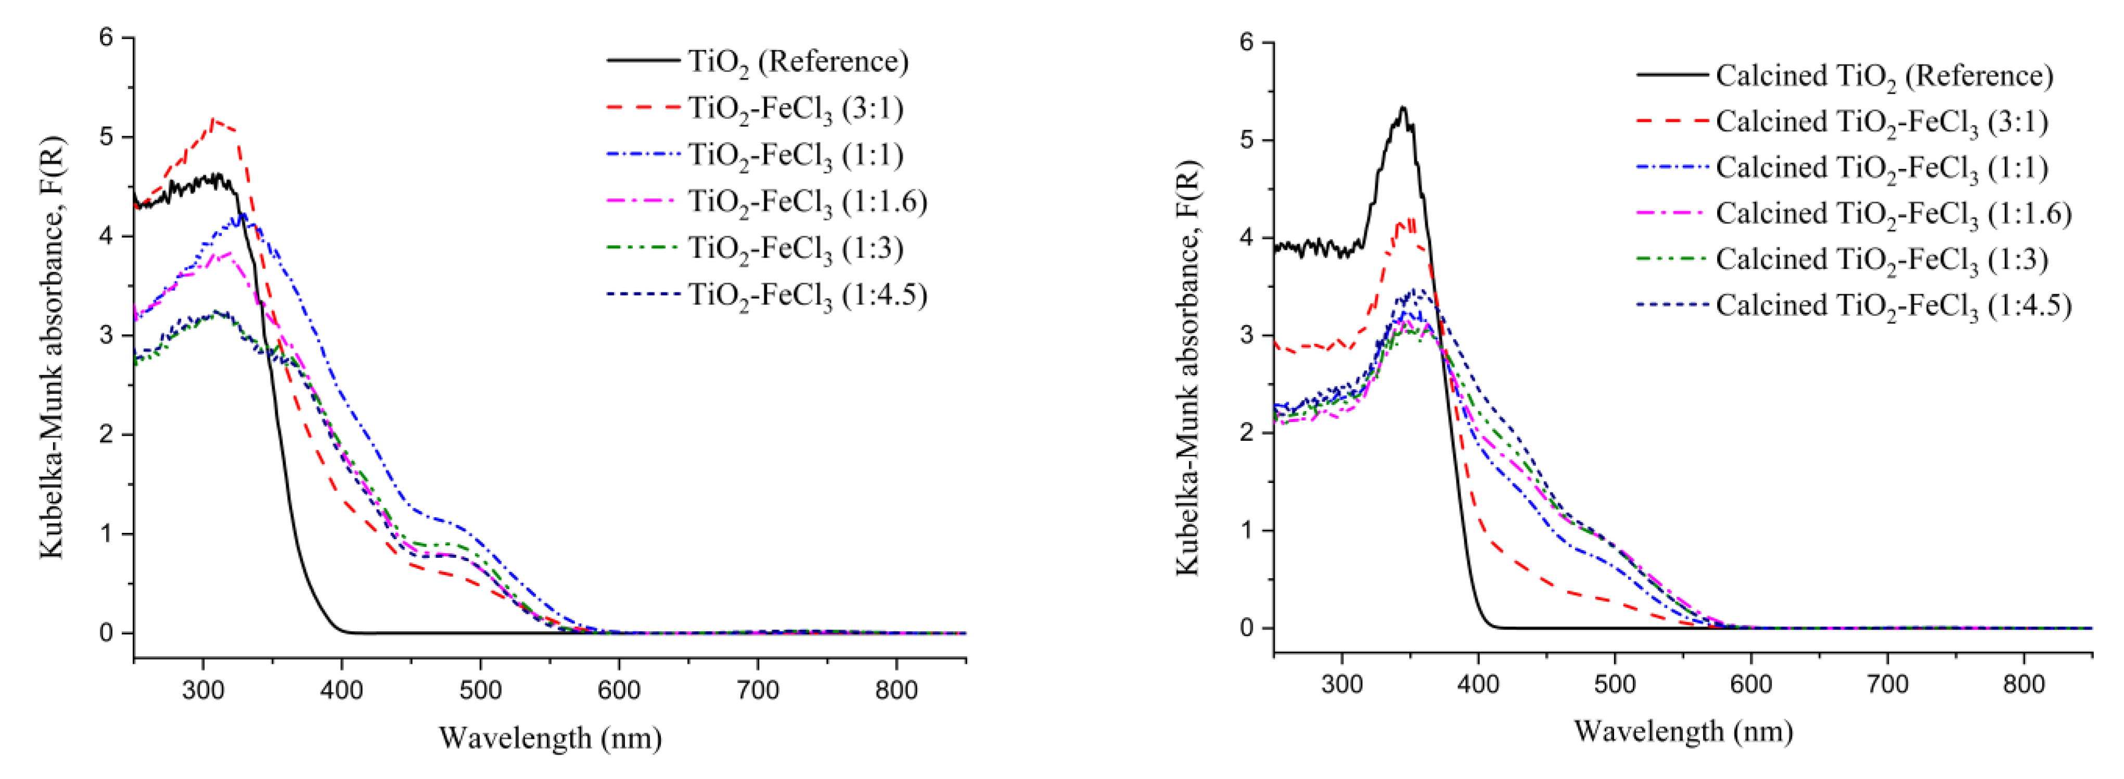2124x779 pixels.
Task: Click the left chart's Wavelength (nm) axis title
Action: coord(550,738)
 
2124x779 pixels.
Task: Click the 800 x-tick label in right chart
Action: coord(2024,685)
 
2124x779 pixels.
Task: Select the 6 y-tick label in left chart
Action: coord(106,38)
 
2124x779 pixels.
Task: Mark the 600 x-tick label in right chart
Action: coord(1750,685)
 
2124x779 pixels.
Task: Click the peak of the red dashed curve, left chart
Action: coord(213,120)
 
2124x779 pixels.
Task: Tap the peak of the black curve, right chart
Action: coord(1402,108)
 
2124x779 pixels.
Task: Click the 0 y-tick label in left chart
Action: coord(106,633)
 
